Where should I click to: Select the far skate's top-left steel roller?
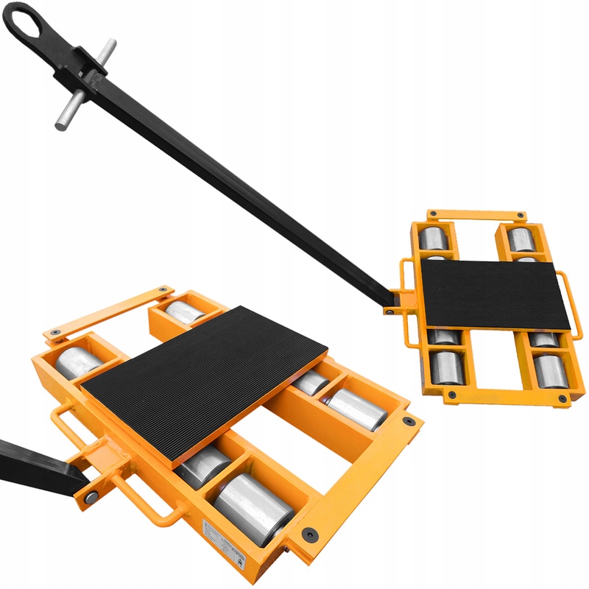point(433,240)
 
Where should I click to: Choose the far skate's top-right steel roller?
point(522,239)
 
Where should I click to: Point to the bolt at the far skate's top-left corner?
point(433,214)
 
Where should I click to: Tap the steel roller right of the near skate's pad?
point(357,409)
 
